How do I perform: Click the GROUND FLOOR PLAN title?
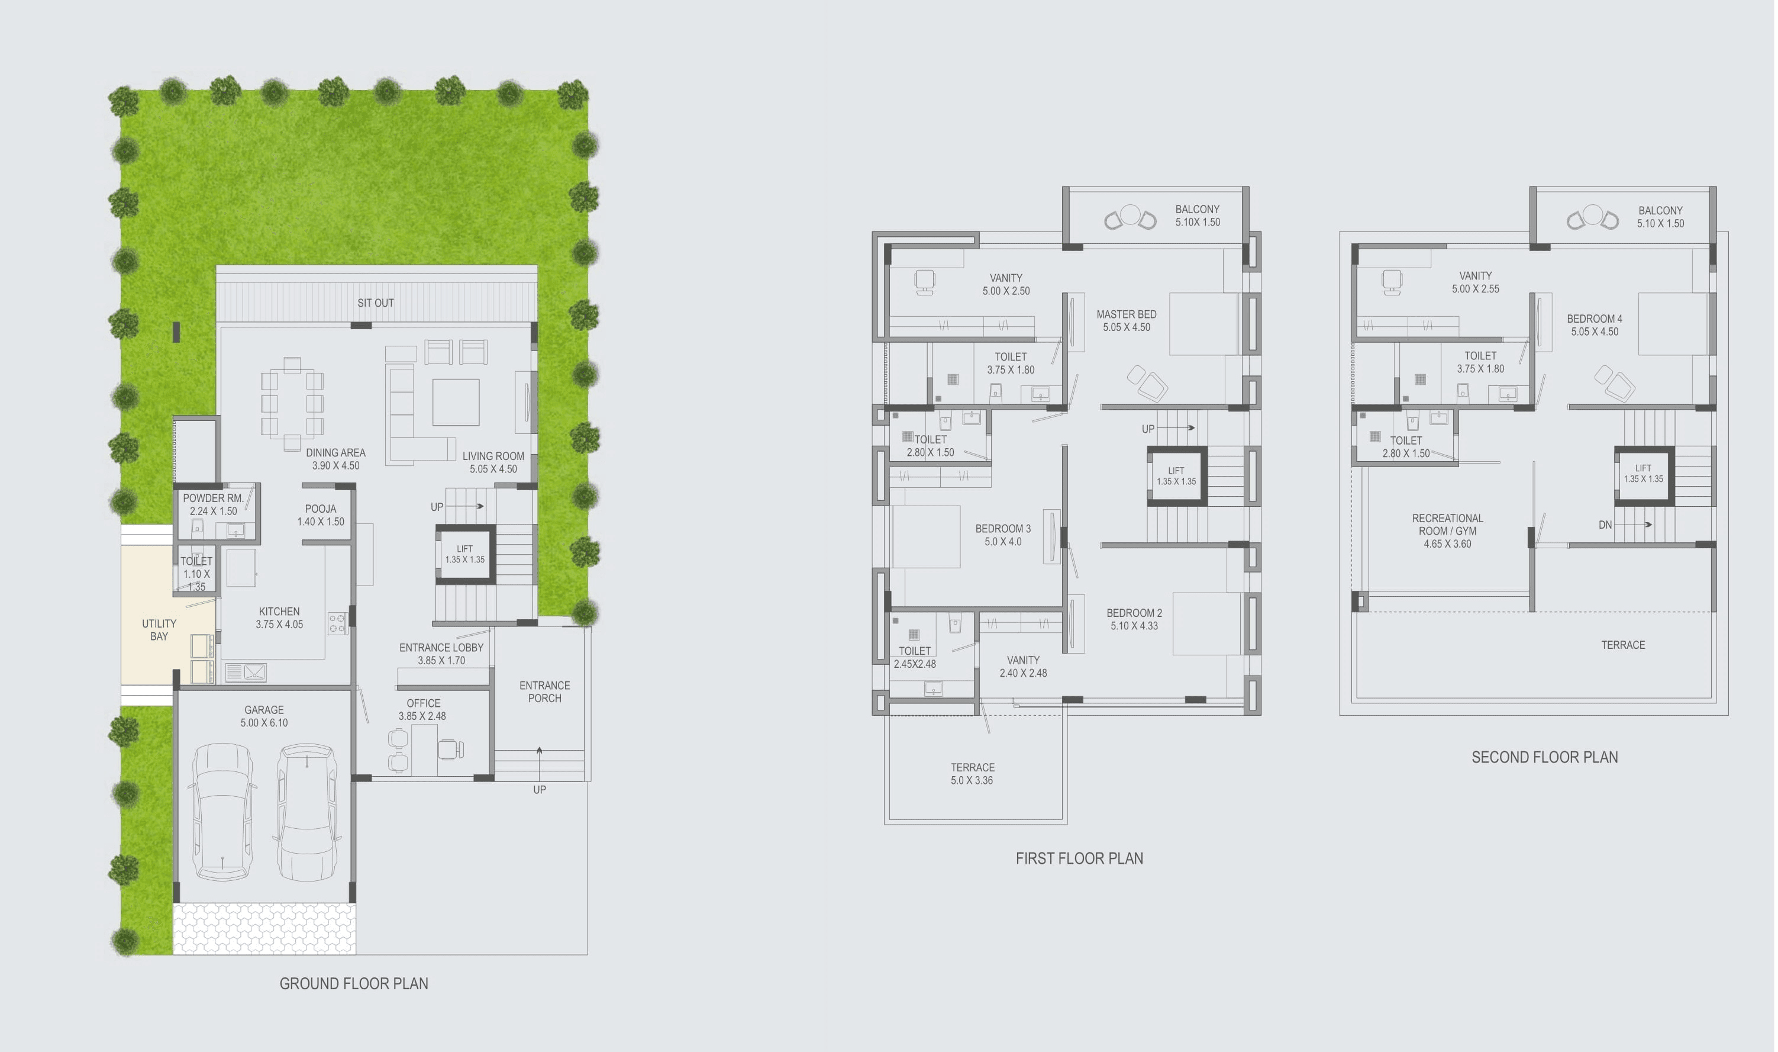click(x=353, y=983)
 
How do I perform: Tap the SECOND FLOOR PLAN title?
click(x=1544, y=757)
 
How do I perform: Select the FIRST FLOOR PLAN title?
click(x=1079, y=858)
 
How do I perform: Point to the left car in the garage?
click(x=222, y=811)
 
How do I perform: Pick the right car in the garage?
click(x=306, y=811)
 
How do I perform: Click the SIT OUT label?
click(x=376, y=303)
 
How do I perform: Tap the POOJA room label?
click(x=320, y=509)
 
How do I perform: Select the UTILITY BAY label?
click(x=159, y=629)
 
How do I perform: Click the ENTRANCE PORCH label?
click(x=544, y=692)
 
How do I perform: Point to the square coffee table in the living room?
click(x=456, y=402)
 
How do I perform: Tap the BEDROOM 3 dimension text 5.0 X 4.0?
click(x=1003, y=542)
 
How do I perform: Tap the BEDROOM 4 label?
click(x=1594, y=319)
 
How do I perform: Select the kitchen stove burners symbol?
click(x=337, y=623)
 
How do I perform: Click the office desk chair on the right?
click(x=448, y=748)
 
